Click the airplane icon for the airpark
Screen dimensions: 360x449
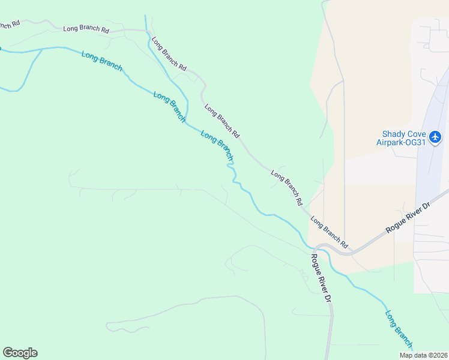coord(436,137)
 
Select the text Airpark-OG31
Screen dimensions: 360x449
coord(401,143)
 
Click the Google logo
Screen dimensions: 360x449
coord(20,353)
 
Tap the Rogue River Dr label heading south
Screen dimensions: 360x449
coord(321,278)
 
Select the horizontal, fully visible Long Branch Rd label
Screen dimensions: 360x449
coord(86,29)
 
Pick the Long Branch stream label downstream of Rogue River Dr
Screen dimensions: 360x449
coord(399,329)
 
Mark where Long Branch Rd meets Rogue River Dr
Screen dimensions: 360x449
coord(316,247)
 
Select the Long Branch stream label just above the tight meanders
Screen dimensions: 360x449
coord(216,145)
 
